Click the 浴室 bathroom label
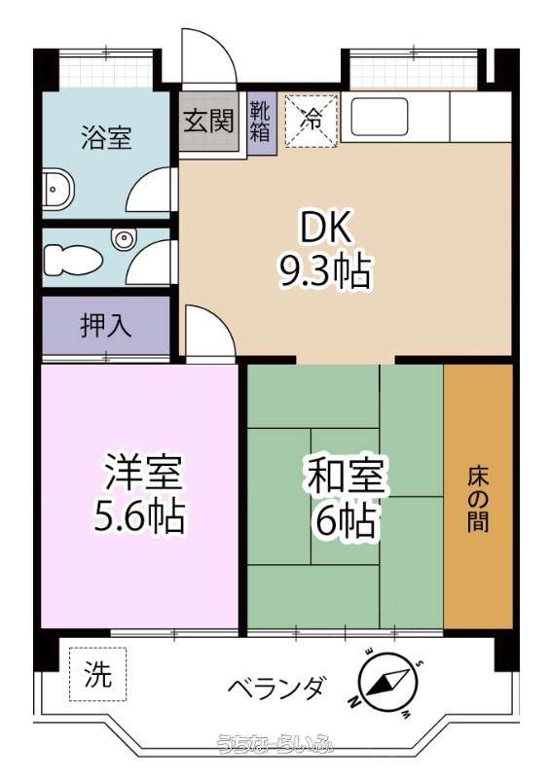(106, 138)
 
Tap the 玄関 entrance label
(208, 120)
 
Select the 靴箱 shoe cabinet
(261, 122)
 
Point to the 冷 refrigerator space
(312, 121)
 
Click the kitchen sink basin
(380, 117)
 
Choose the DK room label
(325, 228)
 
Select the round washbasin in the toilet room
(123, 239)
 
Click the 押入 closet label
(106, 325)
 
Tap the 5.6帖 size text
(139, 516)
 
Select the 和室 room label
(346, 476)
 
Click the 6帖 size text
(346, 519)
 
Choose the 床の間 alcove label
(478, 500)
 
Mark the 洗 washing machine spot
(98, 674)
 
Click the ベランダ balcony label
(277, 689)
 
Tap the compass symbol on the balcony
(387, 683)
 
